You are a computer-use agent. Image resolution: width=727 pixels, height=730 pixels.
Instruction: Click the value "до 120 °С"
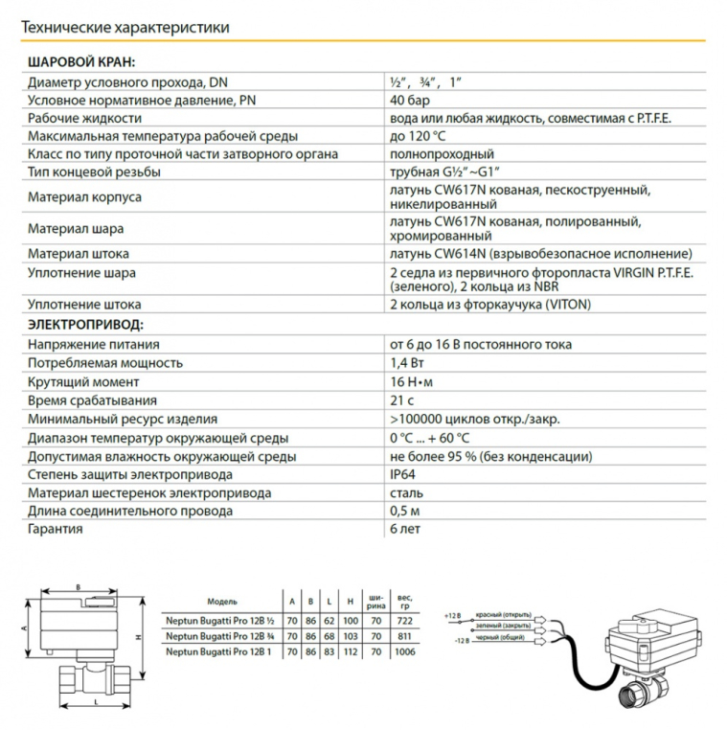[418, 135]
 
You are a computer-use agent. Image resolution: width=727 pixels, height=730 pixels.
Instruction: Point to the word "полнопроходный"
[442, 153]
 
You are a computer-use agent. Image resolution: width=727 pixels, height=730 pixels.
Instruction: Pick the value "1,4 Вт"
[407, 364]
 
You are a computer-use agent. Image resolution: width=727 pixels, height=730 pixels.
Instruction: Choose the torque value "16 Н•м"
[415, 382]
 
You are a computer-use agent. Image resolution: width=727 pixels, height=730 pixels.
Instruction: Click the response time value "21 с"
[401, 400]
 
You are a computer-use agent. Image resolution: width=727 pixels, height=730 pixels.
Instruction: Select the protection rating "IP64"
[403, 474]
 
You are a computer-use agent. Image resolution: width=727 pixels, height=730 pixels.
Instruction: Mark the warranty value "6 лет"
[406, 529]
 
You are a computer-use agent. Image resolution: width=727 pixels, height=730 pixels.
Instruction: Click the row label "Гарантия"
[55, 529]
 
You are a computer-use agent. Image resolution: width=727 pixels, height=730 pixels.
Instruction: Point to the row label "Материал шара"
[76, 229]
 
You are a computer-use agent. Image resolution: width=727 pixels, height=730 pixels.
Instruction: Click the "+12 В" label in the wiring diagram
[453, 612]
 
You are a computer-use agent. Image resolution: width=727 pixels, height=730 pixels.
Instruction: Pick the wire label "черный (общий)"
[504, 640]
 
